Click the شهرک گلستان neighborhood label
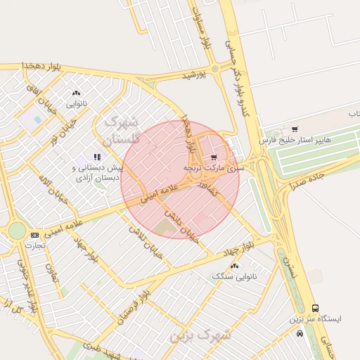point(122,131)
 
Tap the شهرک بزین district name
point(200,334)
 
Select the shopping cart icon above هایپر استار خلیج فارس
point(294,129)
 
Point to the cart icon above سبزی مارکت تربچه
point(213,157)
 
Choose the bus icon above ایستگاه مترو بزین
point(315,307)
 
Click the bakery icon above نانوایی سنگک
point(234,266)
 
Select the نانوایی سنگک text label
point(234,277)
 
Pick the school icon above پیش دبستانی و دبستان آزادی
point(97,157)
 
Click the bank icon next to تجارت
point(34,234)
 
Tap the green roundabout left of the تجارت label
point(16,231)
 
